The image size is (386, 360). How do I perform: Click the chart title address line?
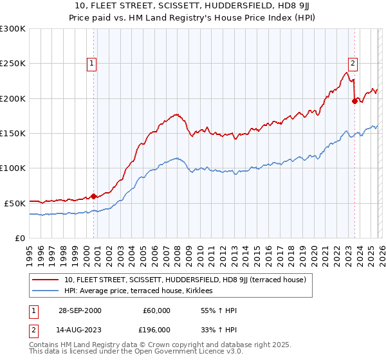tap(192, 6)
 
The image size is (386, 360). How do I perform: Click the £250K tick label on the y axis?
tap(13, 64)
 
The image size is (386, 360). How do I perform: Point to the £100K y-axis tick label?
tap(13, 168)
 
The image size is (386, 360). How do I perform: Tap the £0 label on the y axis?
tap(20, 238)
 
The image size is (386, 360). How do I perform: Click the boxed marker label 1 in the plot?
tap(93, 63)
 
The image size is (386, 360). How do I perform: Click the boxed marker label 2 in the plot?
tap(353, 63)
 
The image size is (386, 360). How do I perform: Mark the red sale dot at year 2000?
tap(94, 196)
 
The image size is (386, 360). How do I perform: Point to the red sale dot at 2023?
tap(354, 101)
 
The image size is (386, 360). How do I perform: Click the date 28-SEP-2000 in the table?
tap(78, 310)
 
